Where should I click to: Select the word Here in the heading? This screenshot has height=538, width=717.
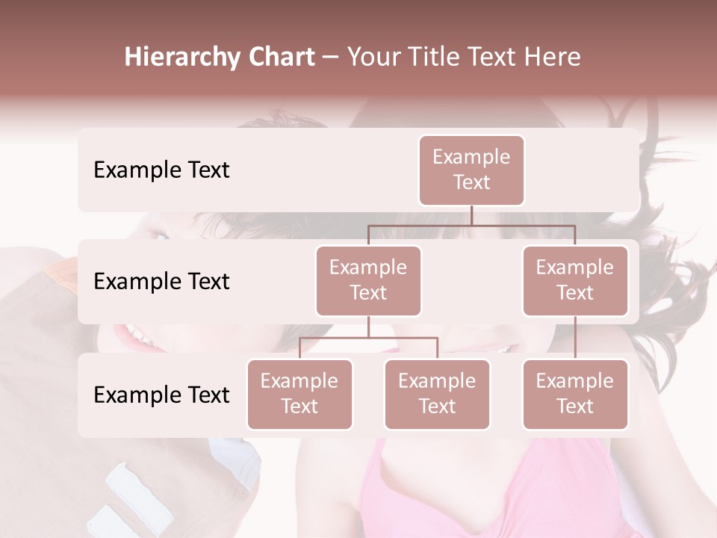(x=553, y=57)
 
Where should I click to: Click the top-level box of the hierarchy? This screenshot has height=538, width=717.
(x=471, y=170)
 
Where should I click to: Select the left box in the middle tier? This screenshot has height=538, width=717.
(x=368, y=281)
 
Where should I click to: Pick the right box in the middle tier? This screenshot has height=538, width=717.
(x=575, y=281)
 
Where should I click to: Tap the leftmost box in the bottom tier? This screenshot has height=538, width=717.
(x=299, y=395)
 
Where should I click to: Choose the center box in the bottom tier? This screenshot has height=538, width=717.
(x=437, y=395)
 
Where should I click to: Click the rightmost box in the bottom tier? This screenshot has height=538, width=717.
(x=575, y=395)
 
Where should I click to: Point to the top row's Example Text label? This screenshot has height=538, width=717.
(x=161, y=170)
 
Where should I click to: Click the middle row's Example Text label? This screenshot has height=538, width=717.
(x=161, y=282)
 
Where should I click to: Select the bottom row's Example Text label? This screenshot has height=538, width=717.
(x=161, y=395)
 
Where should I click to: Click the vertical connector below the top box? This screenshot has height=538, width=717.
(x=471, y=215)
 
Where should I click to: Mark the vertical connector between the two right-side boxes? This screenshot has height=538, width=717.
(x=575, y=338)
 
